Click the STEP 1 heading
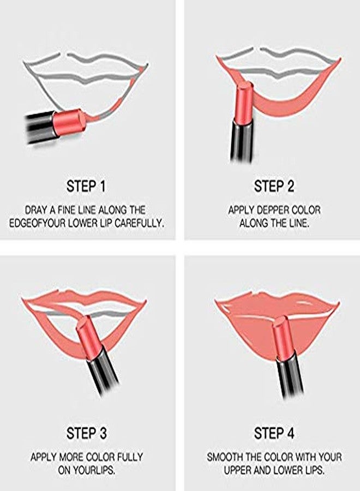point(86,186)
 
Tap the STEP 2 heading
point(274,186)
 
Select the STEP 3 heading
point(86,434)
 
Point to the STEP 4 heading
point(274,434)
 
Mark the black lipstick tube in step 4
point(288,374)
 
